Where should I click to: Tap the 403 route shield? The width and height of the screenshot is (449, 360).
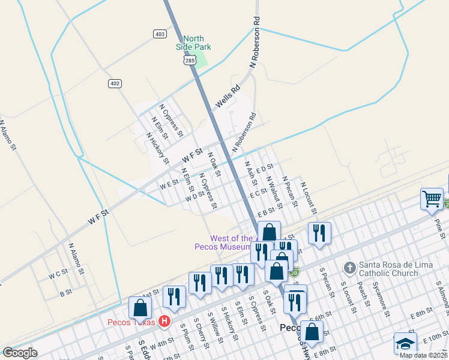click(160, 34)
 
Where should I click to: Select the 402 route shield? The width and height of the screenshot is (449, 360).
click(115, 83)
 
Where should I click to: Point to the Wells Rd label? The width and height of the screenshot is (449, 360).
click(228, 95)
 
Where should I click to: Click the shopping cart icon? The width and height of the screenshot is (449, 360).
click(432, 199)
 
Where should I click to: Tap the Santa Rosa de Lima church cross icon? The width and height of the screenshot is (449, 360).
click(349, 266)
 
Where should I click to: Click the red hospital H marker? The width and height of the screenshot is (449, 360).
click(164, 322)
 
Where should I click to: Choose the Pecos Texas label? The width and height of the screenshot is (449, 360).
click(131, 322)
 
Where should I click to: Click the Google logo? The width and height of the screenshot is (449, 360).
click(20, 353)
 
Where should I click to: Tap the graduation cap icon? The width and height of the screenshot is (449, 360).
click(405, 343)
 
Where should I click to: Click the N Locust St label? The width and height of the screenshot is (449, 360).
click(307, 197)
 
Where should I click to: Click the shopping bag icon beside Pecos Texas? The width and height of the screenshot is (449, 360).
click(140, 308)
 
